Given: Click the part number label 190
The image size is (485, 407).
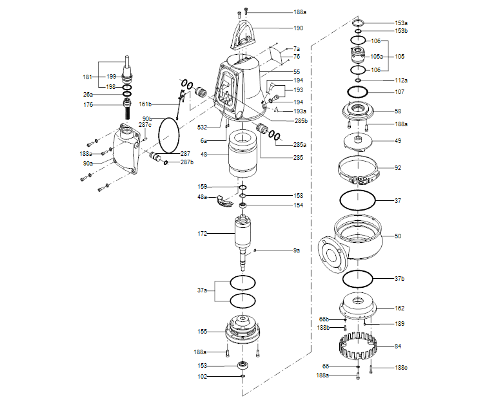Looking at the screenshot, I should coord(298,28).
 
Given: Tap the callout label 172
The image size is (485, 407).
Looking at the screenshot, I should coord(203,234).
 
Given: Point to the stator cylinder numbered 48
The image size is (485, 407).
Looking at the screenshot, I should coord(243,158).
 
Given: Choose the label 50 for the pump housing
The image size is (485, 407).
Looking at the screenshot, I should coord(398,236).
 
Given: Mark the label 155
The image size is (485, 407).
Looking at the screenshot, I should coord(203,331).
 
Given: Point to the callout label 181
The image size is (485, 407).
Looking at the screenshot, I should coord(88,77).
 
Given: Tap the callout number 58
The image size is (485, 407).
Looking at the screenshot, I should coord(398,111).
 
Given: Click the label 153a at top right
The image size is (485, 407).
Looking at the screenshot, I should coord(401,23).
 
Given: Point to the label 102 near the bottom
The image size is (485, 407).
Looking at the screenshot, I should coord(203,376).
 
